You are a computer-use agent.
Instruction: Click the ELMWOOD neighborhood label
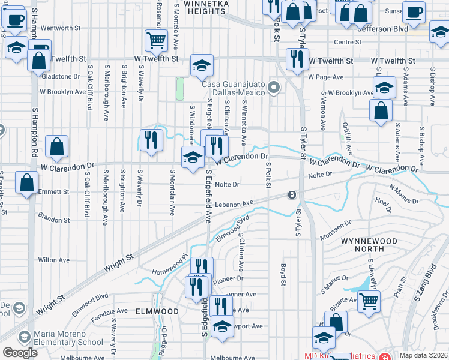tap(157, 311)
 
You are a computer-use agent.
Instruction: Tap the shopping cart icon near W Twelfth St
tap(156, 41)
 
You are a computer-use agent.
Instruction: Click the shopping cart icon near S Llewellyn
tap(369, 302)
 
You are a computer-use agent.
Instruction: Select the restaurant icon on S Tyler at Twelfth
tap(297, 59)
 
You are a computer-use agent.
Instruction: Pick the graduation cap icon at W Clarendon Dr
tap(192, 158)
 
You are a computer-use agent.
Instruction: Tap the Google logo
tap(20, 353)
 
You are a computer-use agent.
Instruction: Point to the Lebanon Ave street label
tap(231, 205)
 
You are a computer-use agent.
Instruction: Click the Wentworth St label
tap(61, 28)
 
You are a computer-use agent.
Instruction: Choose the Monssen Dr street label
tap(335, 225)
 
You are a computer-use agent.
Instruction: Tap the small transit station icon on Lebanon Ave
tap(291, 195)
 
